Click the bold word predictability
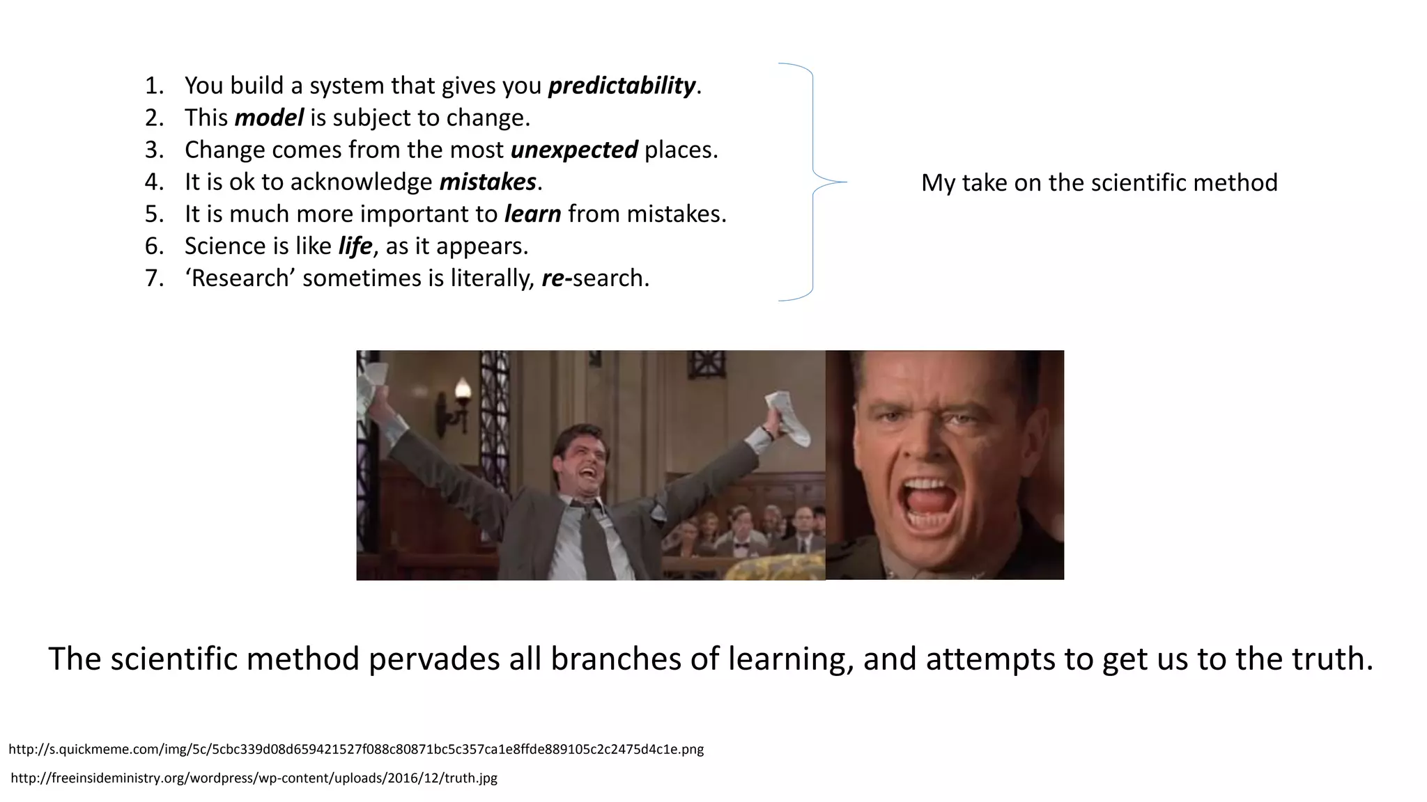pos(622,86)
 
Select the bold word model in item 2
pos(269,118)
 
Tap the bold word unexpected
pos(573,150)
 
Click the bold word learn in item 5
pos(532,214)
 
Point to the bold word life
pos(355,246)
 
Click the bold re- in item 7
pos(556,278)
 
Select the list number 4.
pos(153,182)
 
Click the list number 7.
pos(153,278)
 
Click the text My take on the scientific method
pos(1099,182)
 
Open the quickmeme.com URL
pos(356,749)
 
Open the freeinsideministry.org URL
pos(254,778)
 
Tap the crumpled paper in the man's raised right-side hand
pos(789,418)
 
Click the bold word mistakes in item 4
pos(487,182)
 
